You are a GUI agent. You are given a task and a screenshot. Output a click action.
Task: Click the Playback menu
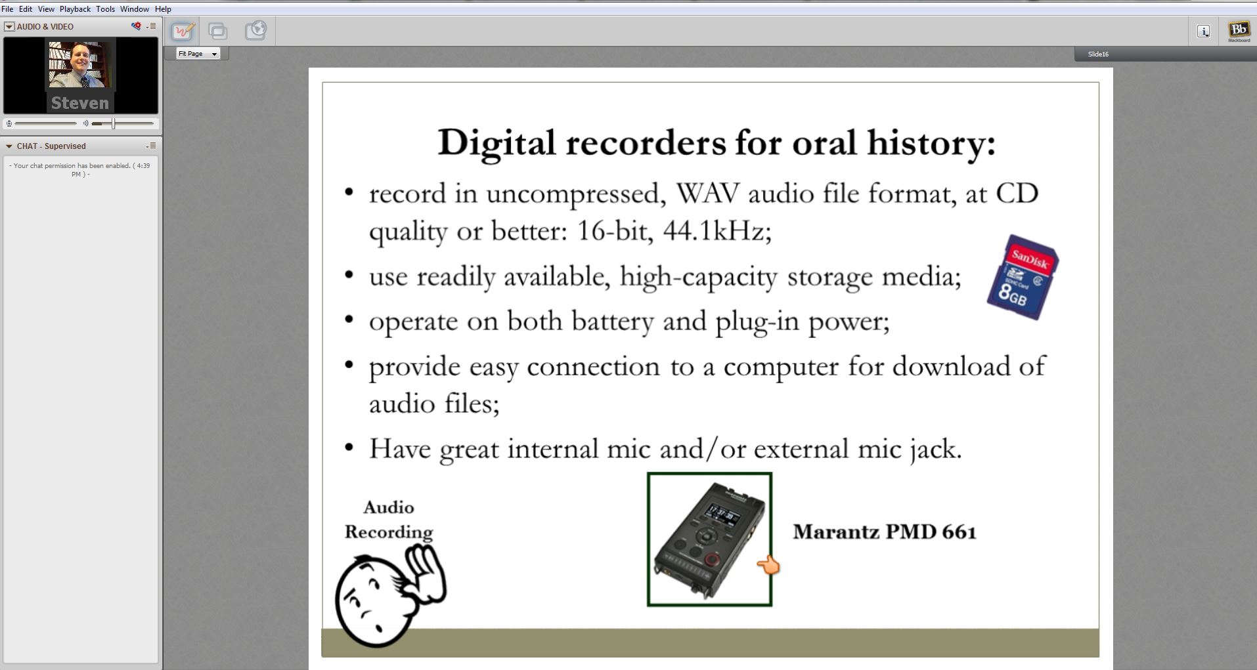pyautogui.click(x=75, y=9)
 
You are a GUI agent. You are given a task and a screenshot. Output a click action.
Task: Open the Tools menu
pyautogui.click(x=105, y=9)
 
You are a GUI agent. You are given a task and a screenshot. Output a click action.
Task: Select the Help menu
pyautogui.click(x=163, y=9)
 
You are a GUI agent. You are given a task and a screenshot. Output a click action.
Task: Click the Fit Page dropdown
pyautogui.click(x=198, y=54)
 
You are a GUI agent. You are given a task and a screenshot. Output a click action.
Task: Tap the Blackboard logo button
pyautogui.click(x=1239, y=31)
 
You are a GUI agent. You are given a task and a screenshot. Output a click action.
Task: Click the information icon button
pyautogui.click(x=1203, y=31)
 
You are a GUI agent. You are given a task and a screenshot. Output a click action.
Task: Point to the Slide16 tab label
pyautogui.click(x=1098, y=54)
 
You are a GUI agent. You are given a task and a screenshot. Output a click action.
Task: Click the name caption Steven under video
pyautogui.click(x=80, y=103)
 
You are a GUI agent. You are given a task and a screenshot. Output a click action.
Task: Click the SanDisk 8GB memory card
pyautogui.click(x=1023, y=277)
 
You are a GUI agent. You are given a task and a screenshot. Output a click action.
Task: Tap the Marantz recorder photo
pyautogui.click(x=709, y=539)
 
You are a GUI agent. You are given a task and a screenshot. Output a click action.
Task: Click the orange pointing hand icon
pyautogui.click(x=768, y=565)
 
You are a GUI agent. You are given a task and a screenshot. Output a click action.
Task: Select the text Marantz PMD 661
pyautogui.click(x=885, y=532)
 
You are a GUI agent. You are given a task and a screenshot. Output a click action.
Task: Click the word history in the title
pyautogui.click(x=931, y=143)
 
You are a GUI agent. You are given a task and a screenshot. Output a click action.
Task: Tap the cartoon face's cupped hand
pyautogui.click(x=426, y=575)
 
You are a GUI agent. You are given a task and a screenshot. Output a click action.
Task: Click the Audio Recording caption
pyautogui.click(x=389, y=520)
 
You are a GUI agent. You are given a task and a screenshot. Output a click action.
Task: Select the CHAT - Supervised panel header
pyautogui.click(x=51, y=146)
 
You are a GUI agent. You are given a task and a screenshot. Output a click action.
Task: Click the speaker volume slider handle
pyautogui.click(x=114, y=123)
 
